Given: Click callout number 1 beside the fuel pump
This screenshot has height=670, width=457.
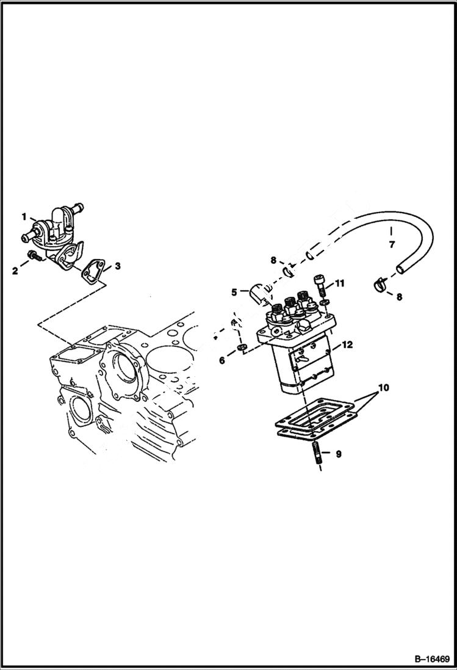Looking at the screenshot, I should (x=24, y=216).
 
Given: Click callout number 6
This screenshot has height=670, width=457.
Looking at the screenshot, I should (x=222, y=361).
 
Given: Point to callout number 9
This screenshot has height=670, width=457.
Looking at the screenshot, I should (x=339, y=453).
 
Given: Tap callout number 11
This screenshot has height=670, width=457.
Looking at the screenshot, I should (x=340, y=283).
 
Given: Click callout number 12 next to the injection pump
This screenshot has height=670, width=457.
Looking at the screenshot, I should (x=347, y=345).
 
